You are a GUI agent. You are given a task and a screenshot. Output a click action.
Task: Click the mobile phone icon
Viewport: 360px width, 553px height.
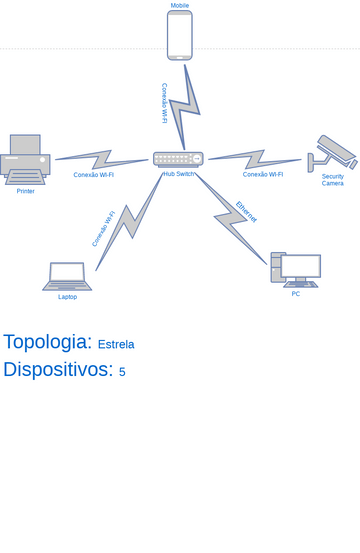click(180, 35)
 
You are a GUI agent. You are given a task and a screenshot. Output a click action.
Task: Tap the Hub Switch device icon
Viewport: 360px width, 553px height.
click(178, 159)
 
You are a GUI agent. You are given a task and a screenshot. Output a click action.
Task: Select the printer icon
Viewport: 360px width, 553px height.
click(25, 160)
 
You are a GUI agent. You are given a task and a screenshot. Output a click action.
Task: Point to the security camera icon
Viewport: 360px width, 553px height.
click(331, 154)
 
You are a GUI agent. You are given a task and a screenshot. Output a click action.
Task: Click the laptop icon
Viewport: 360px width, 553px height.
click(67, 276)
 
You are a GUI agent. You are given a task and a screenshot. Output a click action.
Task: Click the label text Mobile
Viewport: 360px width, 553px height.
click(180, 5)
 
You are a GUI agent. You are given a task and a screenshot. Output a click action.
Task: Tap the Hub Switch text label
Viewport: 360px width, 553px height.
click(179, 174)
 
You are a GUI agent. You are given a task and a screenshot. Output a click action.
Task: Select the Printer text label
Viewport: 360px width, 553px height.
click(25, 191)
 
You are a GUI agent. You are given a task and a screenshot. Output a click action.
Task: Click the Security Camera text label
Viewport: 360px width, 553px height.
click(333, 180)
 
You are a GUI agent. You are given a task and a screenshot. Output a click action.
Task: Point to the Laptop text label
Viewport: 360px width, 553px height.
click(67, 297)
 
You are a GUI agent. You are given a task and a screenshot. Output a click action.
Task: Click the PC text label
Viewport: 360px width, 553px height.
click(296, 294)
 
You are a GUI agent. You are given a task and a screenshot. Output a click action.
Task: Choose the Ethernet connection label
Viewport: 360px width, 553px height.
click(246, 212)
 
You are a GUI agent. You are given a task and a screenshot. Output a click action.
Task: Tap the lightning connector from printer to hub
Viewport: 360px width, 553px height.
click(100, 159)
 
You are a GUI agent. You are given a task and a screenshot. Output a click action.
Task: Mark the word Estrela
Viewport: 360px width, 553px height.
click(116, 345)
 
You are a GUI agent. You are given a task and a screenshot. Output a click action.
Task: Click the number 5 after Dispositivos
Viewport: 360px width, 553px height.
click(122, 372)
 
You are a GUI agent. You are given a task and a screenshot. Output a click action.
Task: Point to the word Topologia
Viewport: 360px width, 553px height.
click(47, 342)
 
